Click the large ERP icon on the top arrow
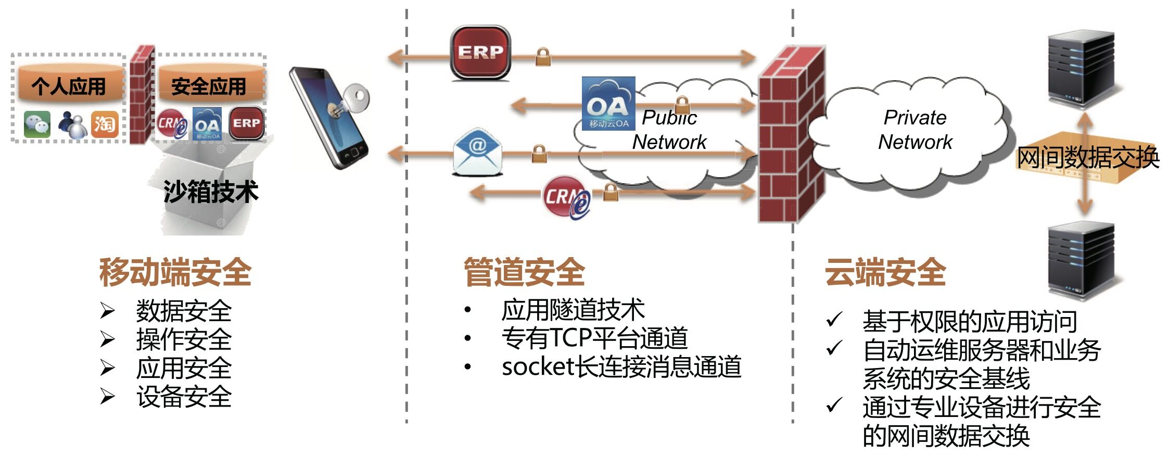click(x=480, y=52)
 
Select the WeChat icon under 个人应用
click(x=37, y=124)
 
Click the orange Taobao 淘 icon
click(x=104, y=124)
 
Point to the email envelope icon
click(x=477, y=151)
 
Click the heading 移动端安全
click(x=175, y=272)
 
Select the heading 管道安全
click(x=524, y=272)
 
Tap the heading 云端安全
click(x=885, y=272)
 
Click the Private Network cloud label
click(x=915, y=130)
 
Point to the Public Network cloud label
click(x=669, y=130)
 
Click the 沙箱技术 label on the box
click(x=211, y=191)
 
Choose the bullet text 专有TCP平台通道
click(x=594, y=338)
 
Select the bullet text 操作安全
click(x=184, y=340)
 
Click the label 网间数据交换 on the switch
click(x=1088, y=157)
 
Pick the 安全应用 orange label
click(x=209, y=86)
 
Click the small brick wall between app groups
click(x=142, y=95)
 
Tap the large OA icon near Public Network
click(x=608, y=103)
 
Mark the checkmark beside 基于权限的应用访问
click(x=834, y=320)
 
